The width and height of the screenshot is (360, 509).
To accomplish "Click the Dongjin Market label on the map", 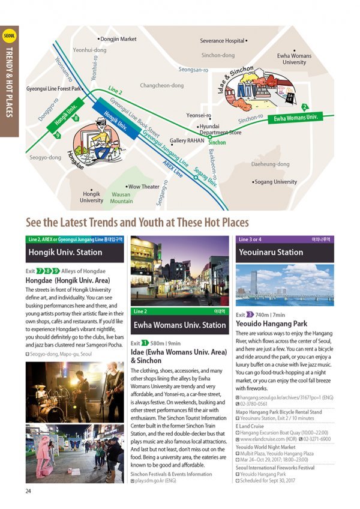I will tap(118, 39).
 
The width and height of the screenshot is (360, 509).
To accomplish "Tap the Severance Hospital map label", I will tap(223, 41).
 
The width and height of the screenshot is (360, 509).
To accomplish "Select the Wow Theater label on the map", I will tap(143, 187).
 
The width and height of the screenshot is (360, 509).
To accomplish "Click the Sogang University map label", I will tap(275, 182).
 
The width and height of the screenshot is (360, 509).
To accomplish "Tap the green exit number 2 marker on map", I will tap(305, 107).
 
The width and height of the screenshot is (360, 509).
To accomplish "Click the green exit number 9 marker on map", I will tap(58, 136).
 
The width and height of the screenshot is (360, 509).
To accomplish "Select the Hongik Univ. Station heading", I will tap(65, 253).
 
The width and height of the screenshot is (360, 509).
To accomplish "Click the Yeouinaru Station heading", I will tap(271, 253).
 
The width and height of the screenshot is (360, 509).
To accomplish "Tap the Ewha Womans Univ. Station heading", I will tap(179, 325).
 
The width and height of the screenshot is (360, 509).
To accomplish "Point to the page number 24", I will tap(28, 491).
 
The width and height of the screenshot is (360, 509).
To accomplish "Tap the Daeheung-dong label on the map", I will tap(270, 164).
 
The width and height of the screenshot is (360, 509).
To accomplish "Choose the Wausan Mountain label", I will tap(122, 198).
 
